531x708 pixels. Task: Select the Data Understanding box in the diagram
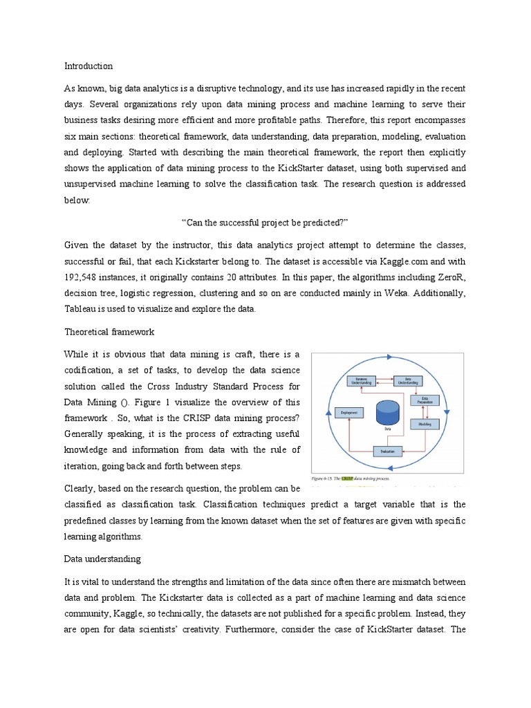pos(407,381)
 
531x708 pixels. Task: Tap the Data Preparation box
pos(425,400)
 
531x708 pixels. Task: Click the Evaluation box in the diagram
pos(387,451)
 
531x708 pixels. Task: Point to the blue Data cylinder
pos(387,413)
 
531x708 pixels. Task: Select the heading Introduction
pos(88,66)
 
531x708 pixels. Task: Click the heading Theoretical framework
pos(109,332)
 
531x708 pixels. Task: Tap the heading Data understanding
pos(102,558)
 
